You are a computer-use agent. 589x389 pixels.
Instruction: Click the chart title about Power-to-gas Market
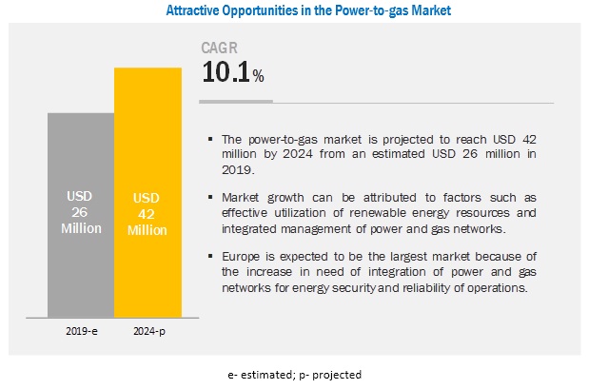295,11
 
